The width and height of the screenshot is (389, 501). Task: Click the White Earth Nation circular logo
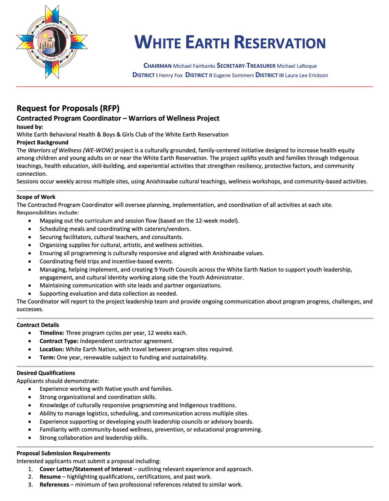(x=52, y=42)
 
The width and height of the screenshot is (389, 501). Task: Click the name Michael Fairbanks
(x=194, y=66)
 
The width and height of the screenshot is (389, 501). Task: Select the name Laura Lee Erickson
(x=306, y=75)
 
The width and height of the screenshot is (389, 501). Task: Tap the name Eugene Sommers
(x=234, y=75)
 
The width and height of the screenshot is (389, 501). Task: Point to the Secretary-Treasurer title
(x=246, y=66)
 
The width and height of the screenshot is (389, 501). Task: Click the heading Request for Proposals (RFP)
(x=68, y=108)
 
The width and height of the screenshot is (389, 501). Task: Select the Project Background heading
(x=42, y=142)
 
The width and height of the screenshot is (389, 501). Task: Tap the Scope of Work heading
(x=36, y=197)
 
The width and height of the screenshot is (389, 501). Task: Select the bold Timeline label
(x=52, y=333)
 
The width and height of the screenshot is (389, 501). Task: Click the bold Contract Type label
(x=59, y=341)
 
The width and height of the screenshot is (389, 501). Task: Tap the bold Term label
(x=47, y=357)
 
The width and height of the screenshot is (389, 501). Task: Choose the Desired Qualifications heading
(x=46, y=373)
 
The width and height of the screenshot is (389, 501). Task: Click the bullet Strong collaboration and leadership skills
(x=94, y=438)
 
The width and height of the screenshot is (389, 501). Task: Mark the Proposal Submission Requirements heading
(x=63, y=453)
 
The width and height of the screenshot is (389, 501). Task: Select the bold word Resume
(x=50, y=477)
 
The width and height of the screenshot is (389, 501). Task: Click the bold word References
(x=54, y=485)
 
